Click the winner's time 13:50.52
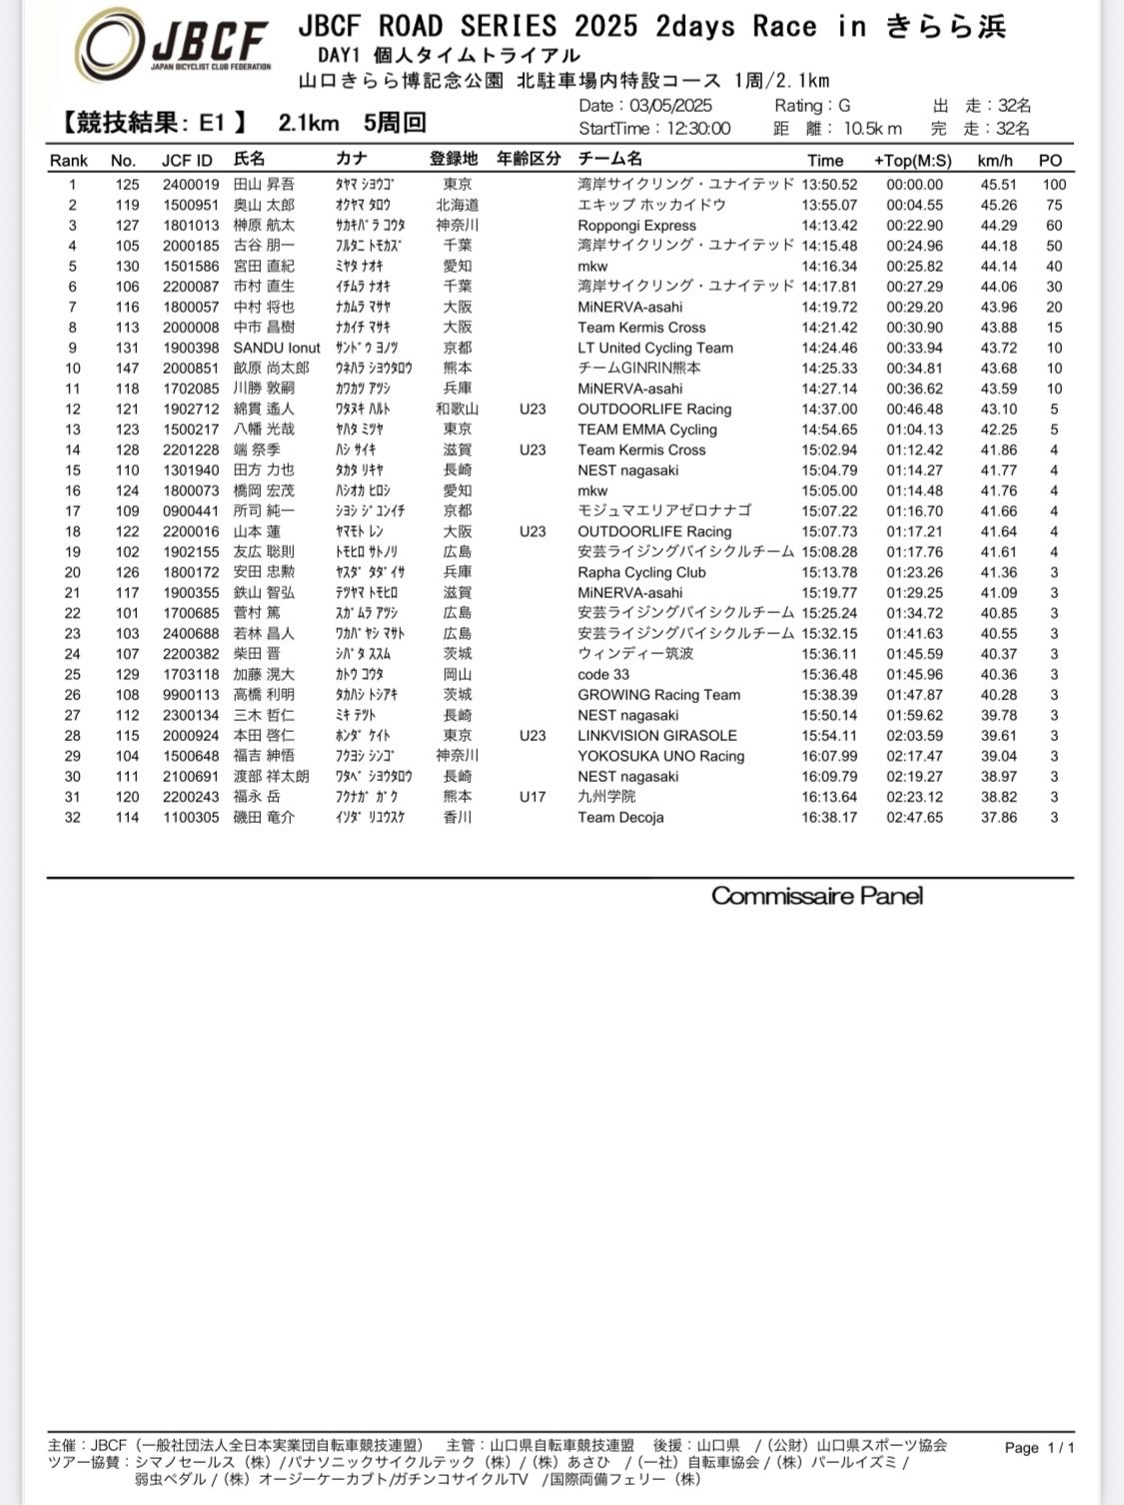(828, 185)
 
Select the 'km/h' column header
(994, 160)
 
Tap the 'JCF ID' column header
(187, 160)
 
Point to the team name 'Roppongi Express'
(636, 226)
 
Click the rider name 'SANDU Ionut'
(277, 348)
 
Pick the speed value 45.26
(998, 205)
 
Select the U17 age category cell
(533, 797)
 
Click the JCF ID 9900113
(191, 695)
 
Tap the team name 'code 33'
(603, 674)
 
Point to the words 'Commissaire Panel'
(816, 896)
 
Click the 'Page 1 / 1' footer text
(1039, 1447)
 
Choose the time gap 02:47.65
(914, 817)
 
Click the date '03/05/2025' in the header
(670, 106)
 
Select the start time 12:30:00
(692, 129)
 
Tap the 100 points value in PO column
(1054, 185)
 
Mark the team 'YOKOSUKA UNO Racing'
(660, 756)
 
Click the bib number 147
(126, 369)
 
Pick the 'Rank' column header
(69, 160)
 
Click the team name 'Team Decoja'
(620, 817)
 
